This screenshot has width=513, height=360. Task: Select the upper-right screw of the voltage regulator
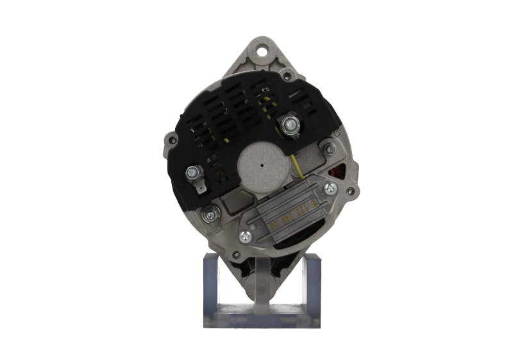[x=330, y=188]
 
